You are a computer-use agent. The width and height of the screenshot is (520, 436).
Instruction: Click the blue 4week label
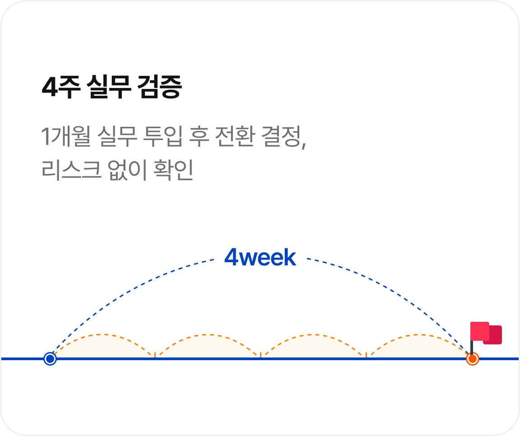pyautogui.click(x=260, y=258)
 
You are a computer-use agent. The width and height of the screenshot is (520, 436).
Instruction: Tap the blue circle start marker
pyautogui.click(x=50, y=359)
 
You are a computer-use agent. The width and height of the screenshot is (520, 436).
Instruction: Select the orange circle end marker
pyautogui.click(x=472, y=359)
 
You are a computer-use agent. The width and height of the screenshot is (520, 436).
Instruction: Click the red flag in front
pyautogui.click(x=479, y=331)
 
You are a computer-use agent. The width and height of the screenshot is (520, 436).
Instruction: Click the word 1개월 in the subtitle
pyautogui.click(x=66, y=137)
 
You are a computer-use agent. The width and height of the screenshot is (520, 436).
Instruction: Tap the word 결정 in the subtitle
pyautogui.click(x=282, y=137)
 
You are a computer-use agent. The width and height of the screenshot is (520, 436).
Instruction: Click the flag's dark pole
pyautogui.click(x=472, y=348)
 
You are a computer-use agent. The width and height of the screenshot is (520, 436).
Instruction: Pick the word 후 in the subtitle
pyautogui.click(x=198, y=137)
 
